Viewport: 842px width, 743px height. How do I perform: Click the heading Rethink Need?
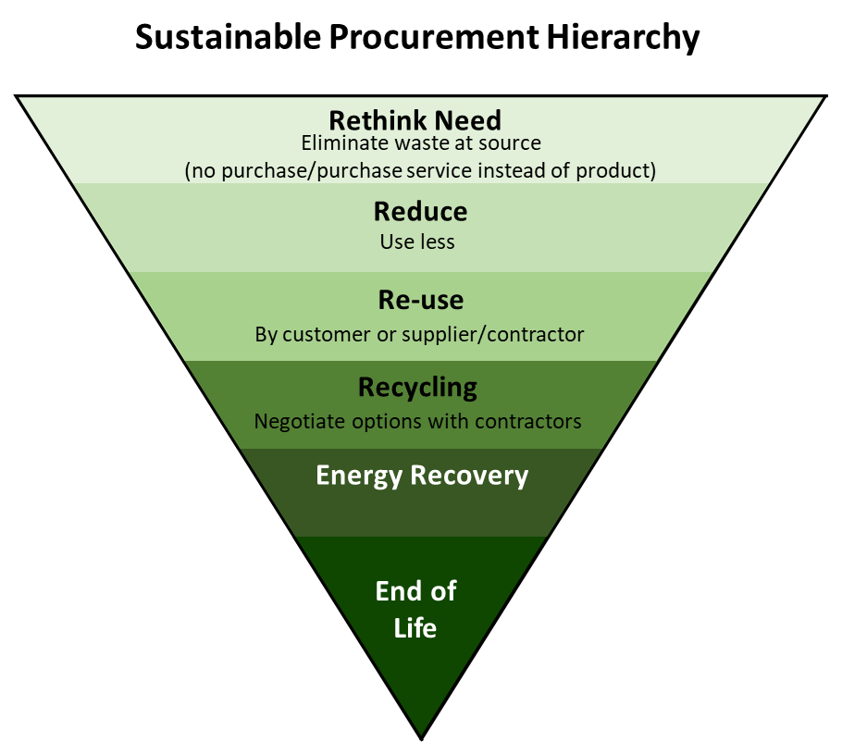pos(415,120)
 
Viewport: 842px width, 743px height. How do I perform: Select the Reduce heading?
pos(420,211)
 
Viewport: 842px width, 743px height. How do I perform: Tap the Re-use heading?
pos(420,300)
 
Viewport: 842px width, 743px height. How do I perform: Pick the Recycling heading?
pos(417,387)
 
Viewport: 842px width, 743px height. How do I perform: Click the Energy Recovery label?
pos(422,475)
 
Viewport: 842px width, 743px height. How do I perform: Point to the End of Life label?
pos(416,609)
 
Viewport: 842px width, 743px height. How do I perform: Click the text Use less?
pos(417,242)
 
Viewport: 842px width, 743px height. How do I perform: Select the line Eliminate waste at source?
pos(421,143)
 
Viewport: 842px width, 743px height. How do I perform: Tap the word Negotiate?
pos(295,422)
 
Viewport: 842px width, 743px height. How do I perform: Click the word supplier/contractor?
pos(492,334)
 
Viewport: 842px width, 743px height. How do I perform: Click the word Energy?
pos(358,475)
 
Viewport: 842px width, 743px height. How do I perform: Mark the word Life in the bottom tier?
pos(415,627)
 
